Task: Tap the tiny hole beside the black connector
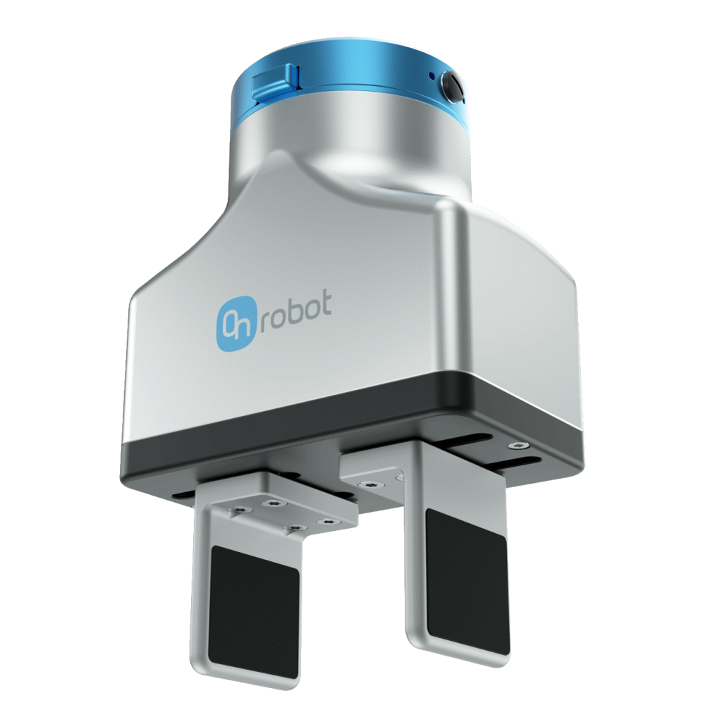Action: tap(431, 75)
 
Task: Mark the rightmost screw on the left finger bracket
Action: tap(325, 521)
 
